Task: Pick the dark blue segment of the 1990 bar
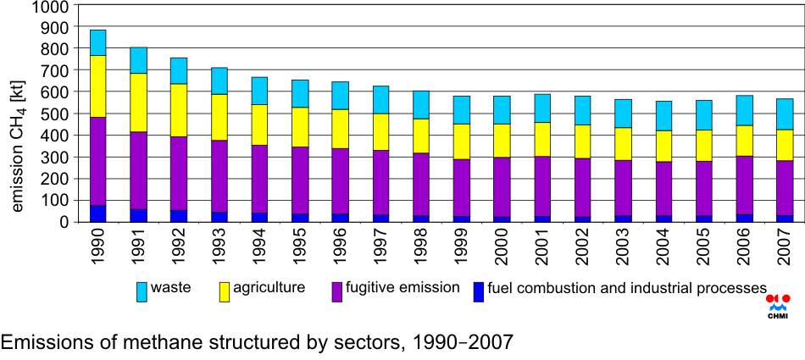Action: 97,213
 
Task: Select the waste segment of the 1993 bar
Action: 219,80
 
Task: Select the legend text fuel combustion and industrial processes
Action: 627,289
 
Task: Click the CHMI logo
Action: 777,306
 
